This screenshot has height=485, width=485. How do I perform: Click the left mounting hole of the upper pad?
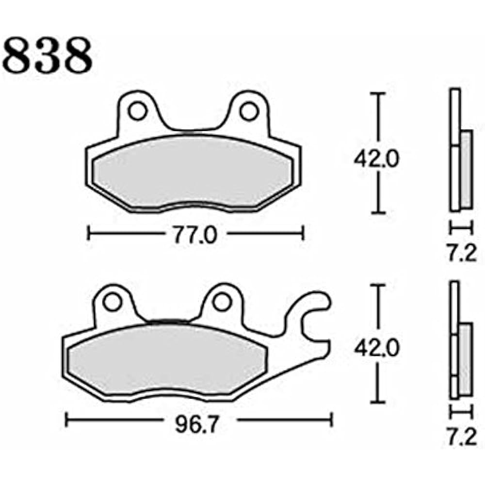coord(138,111)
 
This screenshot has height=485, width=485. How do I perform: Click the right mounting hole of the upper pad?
coord(249,111)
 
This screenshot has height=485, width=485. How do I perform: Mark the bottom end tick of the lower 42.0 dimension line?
coord(378,403)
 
